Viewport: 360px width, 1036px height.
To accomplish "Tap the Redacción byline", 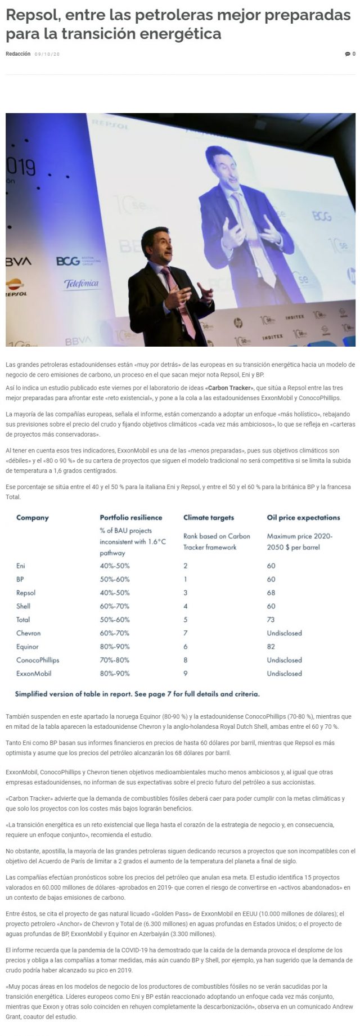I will click(18, 54).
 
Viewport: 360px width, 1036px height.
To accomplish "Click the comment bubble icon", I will click(347, 54).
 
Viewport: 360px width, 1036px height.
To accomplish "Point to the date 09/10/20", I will click(47, 54).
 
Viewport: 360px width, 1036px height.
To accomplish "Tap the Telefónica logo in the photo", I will click(81, 284).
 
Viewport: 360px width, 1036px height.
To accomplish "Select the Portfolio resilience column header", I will click(130, 518).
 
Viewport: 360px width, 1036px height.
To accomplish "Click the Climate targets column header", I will click(208, 518).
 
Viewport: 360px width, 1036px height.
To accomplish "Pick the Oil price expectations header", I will click(303, 518).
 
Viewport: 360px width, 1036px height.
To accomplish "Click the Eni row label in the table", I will click(21, 566).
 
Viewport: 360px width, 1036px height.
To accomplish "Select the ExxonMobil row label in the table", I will click(34, 674).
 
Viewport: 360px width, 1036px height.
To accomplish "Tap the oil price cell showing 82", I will click(271, 647).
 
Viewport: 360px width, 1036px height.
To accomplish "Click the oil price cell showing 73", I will click(271, 620).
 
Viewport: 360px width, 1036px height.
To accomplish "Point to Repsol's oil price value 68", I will click(271, 593).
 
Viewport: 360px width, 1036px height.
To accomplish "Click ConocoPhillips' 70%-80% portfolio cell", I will click(115, 660).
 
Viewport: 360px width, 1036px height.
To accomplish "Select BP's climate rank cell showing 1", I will click(186, 579).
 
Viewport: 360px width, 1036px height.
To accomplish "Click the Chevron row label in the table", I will click(28, 633).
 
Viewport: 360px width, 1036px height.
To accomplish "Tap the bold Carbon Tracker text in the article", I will click(231, 388).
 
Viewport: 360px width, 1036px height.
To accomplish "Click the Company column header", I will click(33, 518).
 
